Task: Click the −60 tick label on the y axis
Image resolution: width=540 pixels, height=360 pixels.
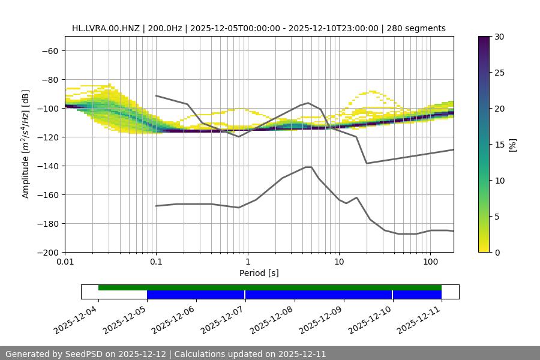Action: (x=49, y=50)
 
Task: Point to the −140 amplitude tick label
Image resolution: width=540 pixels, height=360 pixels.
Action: (x=47, y=166)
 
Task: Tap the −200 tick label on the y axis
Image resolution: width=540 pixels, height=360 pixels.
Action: (x=47, y=252)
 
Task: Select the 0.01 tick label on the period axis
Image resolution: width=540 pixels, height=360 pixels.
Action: (x=65, y=262)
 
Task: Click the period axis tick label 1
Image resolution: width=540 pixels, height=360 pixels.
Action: (x=248, y=262)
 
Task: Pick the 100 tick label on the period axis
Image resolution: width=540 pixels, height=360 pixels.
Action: (x=430, y=262)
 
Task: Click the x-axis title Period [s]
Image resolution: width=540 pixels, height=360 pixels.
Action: (x=259, y=273)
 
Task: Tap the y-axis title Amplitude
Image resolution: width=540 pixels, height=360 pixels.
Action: (x=26, y=144)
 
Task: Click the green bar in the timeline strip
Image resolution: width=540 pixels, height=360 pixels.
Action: (x=270, y=287)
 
